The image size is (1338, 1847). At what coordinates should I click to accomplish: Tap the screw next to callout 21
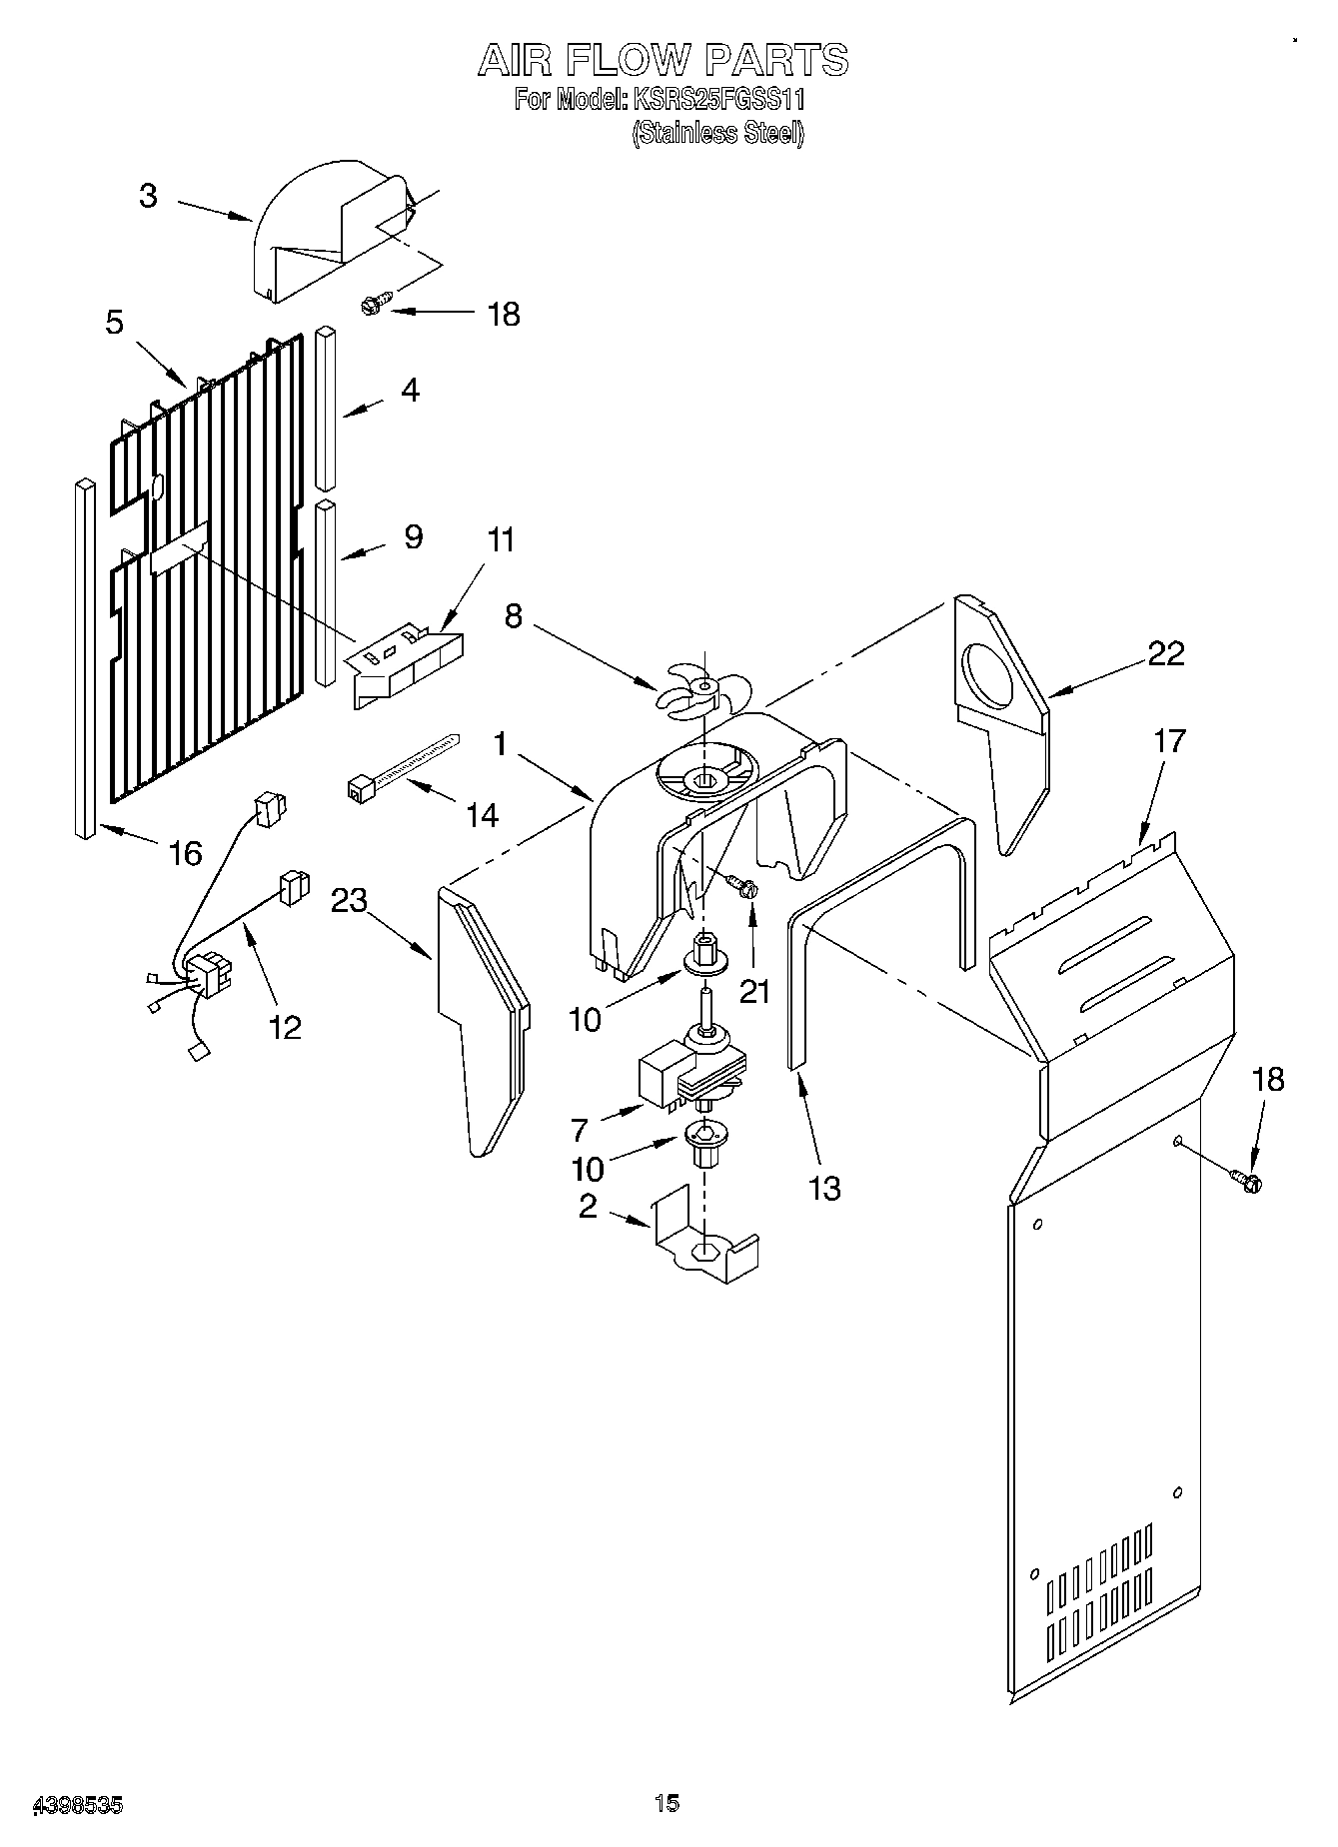tap(742, 885)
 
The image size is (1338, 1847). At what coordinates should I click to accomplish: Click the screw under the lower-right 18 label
tap(1248, 1182)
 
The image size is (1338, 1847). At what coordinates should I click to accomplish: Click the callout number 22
tap(1165, 654)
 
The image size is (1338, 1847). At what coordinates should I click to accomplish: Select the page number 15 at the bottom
tap(667, 1803)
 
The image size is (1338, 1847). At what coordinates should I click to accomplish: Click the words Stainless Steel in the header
tap(716, 133)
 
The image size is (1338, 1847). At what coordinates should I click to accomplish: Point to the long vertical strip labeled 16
tap(85, 659)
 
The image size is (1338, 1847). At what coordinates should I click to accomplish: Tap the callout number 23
tap(349, 901)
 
